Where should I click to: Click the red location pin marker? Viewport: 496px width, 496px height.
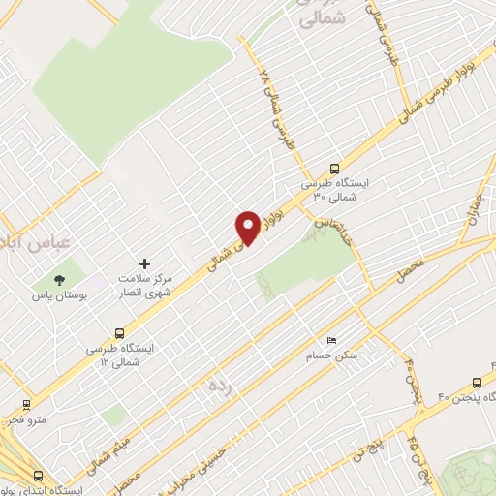[248, 228]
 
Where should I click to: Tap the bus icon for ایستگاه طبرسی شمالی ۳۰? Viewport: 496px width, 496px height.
[334, 167]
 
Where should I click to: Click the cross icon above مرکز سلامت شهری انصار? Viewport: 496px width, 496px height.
[146, 263]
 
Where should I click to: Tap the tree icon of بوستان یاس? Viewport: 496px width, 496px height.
[61, 279]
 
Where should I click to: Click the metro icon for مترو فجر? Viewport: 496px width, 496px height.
[26, 406]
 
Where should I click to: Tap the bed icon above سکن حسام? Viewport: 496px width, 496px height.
[332, 341]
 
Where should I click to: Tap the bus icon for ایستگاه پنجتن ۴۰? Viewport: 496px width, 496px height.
[481, 382]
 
